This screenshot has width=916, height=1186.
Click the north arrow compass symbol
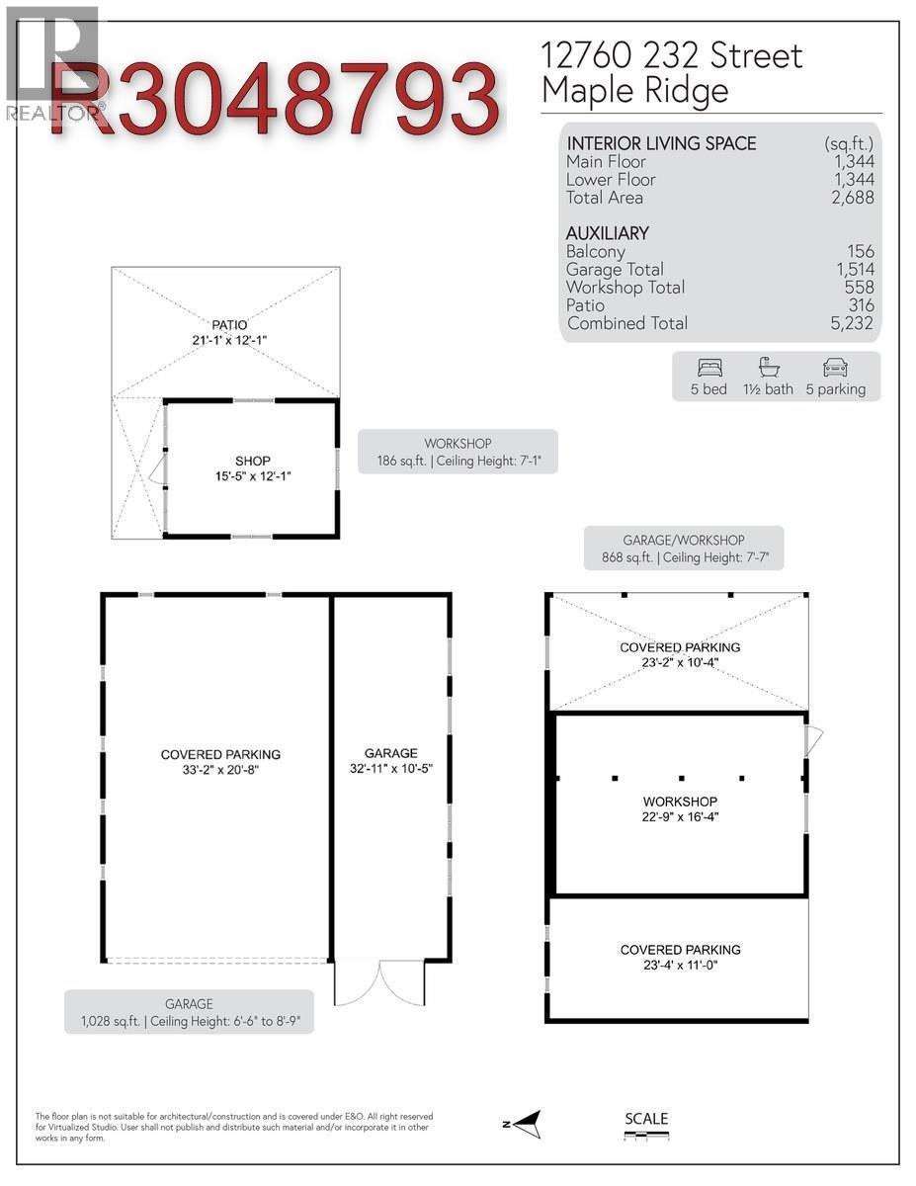pyautogui.click(x=527, y=1124)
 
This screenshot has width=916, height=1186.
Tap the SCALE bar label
pyautogui.click(x=646, y=1119)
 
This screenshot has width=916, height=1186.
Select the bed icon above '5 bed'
pyautogui.click(x=708, y=368)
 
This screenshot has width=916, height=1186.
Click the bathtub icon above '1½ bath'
pyautogui.click(x=768, y=368)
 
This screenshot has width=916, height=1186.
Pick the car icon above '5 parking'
pyautogui.click(x=834, y=368)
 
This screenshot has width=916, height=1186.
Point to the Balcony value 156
pyautogui.click(x=860, y=252)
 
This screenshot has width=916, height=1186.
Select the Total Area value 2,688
pyautogui.click(x=853, y=198)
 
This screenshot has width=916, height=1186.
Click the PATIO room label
pyautogui.click(x=228, y=324)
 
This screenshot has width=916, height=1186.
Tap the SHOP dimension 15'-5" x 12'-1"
pyautogui.click(x=252, y=476)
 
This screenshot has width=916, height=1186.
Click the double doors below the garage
pyautogui.click(x=380, y=983)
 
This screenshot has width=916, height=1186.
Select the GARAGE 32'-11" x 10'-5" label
pyautogui.click(x=390, y=761)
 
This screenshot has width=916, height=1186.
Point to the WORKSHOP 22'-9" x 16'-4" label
pyautogui.click(x=680, y=809)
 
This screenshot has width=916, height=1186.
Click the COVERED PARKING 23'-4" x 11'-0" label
pyautogui.click(x=680, y=957)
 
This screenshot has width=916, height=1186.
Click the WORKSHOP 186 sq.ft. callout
pyautogui.click(x=458, y=453)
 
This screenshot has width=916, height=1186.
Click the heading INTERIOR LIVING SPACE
pyautogui.click(x=661, y=143)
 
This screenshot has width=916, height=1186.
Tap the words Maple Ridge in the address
pyautogui.click(x=634, y=91)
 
